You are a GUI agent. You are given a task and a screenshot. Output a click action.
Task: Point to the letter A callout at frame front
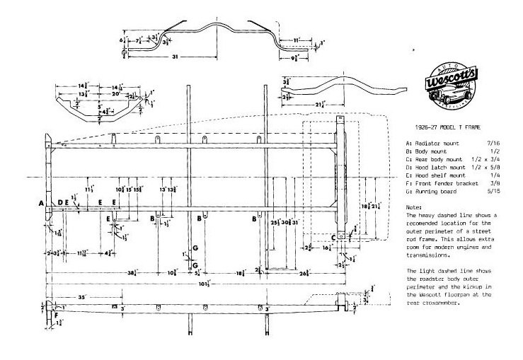pos(41,202)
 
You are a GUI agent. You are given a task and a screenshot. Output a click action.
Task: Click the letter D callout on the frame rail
pos(61,202)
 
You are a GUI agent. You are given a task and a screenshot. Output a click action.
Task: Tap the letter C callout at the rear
pos(334,238)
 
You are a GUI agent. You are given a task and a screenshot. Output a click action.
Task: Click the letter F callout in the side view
pos(48,316)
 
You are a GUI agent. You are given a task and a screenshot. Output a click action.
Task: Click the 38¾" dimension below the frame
pos(132,272)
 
